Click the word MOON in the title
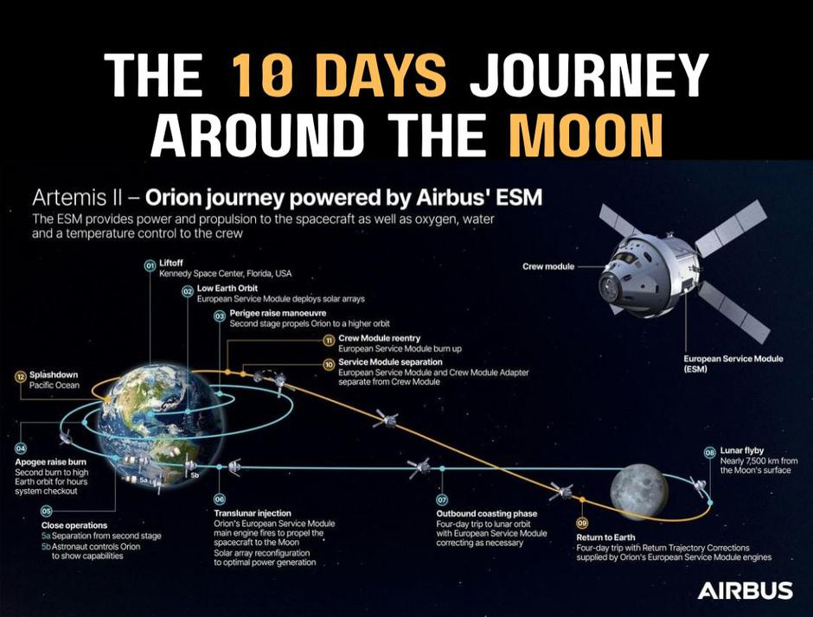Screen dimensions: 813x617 tap(586, 134)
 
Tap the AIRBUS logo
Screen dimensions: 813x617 tap(745, 590)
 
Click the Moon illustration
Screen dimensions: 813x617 tap(638, 491)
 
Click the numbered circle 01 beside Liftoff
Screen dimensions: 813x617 tap(150, 265)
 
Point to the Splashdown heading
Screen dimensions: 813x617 tap(54, 374)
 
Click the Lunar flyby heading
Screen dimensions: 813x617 tap(741, 451)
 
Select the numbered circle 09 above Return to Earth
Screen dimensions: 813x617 tap(582, 522)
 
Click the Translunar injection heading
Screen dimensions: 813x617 tap(253, 513)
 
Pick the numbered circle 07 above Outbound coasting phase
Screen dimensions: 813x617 tap(442, 500)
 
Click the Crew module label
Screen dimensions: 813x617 tap(548, 266)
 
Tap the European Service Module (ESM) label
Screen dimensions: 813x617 tap(733, 364)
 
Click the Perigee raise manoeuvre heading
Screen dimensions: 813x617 tap(278, 314)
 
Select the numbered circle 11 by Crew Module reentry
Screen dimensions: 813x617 tap(329, 340)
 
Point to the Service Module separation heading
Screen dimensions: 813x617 tap(390, 362)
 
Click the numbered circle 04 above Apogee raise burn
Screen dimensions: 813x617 tap(21, 448)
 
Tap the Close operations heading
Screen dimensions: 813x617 tap(74, 525)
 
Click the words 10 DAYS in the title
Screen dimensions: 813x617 tap(339, 75)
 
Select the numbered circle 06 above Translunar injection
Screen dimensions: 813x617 tap(220, 499)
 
